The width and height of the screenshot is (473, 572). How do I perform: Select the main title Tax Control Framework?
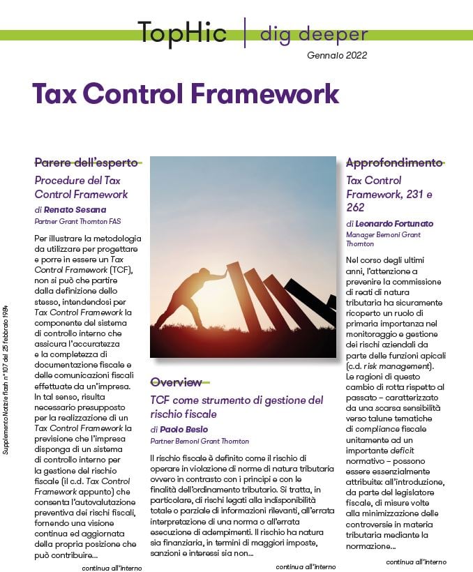coord(186,93)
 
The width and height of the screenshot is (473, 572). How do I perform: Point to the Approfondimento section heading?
coord(394,163)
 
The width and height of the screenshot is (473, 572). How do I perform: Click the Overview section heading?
coord(176,382)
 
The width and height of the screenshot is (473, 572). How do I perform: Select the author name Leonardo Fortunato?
coord(394,223)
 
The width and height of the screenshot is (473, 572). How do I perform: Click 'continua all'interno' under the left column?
coord(112,567)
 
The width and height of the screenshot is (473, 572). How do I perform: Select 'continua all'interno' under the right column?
coord(416,561)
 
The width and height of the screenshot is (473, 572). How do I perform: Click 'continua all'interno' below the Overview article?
coord(306,566)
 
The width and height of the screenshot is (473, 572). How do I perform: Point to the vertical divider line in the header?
coord(244,33)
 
